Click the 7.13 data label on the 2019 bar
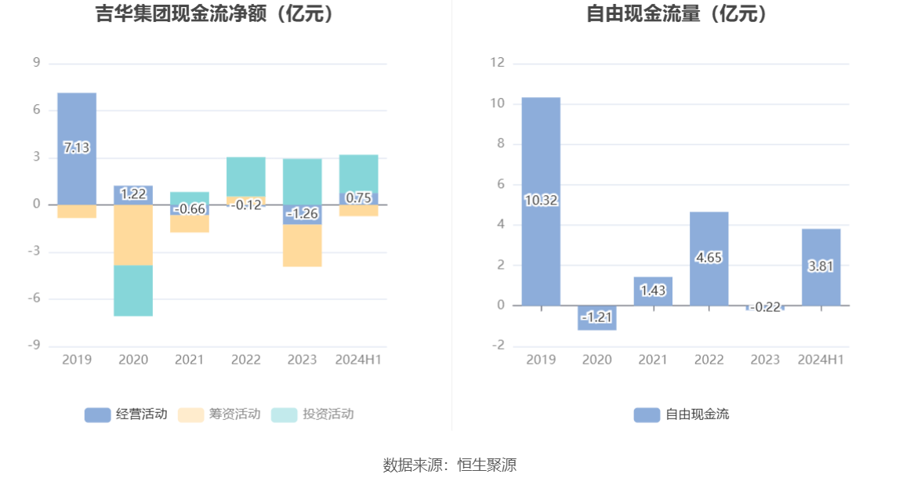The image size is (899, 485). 76,147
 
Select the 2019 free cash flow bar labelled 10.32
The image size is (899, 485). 541,157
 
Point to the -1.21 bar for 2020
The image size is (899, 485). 597,317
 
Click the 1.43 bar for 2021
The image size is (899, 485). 653,291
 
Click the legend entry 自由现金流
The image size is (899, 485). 681,414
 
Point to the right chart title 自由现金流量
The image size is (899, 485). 677,14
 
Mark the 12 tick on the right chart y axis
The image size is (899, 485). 497,63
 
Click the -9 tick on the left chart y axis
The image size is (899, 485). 36,346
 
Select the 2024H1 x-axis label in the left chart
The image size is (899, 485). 358,360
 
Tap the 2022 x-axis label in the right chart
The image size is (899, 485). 709,360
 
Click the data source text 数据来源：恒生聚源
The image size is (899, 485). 449,465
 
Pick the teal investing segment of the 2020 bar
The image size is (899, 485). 133,291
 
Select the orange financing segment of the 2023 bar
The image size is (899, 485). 302,245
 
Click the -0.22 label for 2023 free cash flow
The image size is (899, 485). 765,307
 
